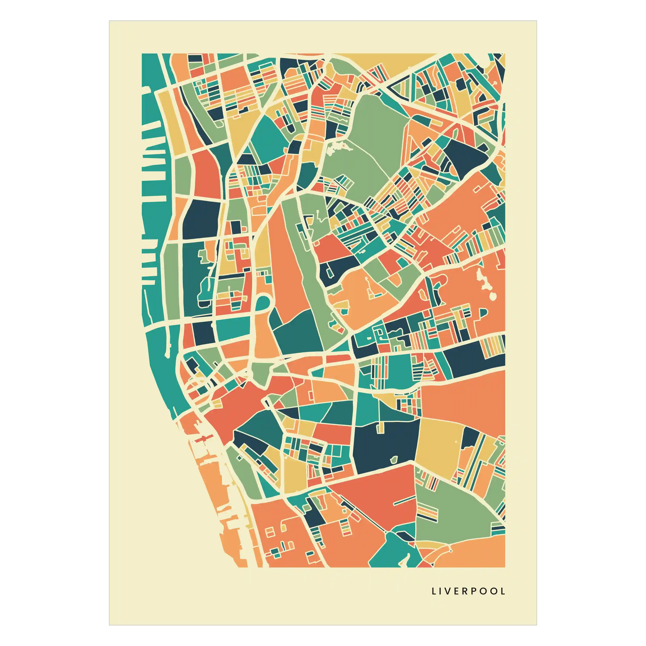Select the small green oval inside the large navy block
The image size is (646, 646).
(x=394, y=460)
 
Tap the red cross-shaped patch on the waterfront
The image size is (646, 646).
(x=203, y=440)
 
